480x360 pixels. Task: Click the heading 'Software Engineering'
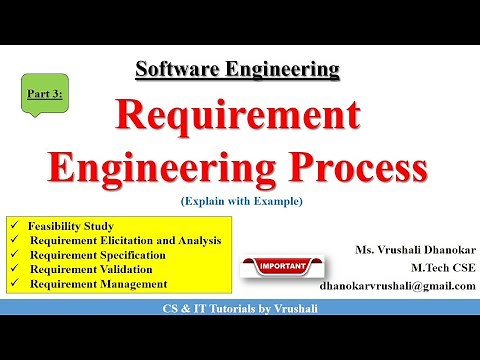point(237,69)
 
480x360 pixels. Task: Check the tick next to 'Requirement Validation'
point(12,270)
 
